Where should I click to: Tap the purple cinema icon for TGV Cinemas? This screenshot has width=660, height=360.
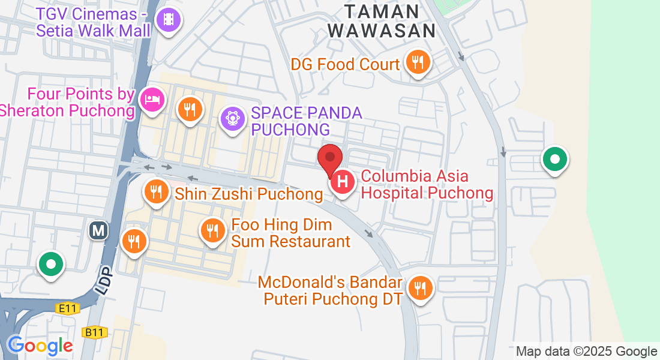click(169, 20)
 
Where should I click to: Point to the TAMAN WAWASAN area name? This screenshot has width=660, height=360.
click(382, 21)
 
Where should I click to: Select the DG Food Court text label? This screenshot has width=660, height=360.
click(345, 64)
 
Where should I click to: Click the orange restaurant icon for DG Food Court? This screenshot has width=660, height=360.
click(417, 62)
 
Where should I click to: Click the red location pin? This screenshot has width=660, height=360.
click(329, 158)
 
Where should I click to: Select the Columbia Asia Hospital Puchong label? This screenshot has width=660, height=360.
click(427, 185)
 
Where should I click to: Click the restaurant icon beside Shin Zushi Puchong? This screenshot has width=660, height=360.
click(156, 192)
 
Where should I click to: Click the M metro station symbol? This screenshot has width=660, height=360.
click(98, 230)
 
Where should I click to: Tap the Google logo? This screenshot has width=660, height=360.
click(40, 346)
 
